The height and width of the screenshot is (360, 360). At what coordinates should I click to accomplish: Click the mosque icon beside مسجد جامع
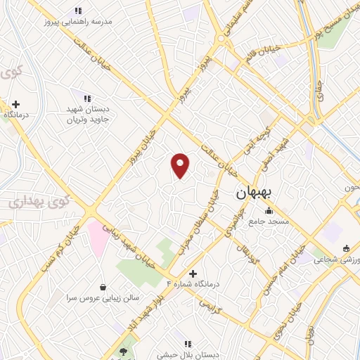coord(268,210)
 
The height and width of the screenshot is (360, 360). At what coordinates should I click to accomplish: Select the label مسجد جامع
coord(268,221)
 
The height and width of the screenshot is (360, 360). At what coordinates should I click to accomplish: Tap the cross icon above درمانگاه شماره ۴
coord(193,273)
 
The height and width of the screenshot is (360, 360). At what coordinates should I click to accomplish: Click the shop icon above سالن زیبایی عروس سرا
coord(103,287)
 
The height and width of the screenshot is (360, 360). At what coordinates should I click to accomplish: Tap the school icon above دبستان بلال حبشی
coord(188,344)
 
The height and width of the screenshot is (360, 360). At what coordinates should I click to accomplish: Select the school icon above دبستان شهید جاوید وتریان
coord(86,99)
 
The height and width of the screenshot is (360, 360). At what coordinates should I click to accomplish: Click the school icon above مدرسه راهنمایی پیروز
coord(78,11)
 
